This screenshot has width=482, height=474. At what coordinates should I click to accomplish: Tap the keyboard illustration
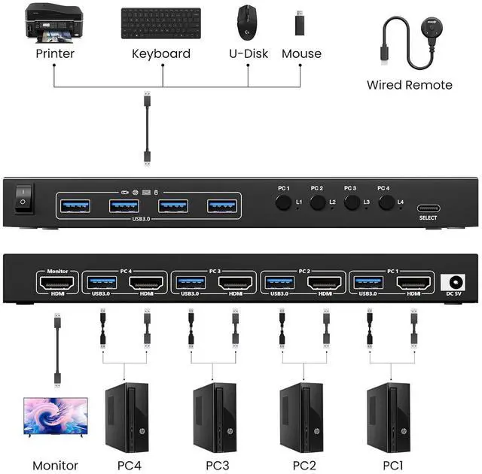(x=160, y=25)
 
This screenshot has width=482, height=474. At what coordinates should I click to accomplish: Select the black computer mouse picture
(x=246, y=22)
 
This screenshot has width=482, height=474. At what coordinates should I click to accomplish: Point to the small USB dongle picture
(x=300, y=22)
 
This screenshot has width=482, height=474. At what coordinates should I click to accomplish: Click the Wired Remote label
(x=409, y=85)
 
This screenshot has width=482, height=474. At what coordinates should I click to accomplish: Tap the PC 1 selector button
(x=283, y=202)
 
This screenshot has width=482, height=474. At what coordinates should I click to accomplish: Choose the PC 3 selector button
(x=351, y=202)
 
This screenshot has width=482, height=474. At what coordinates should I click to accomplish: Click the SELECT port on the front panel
(x=428, y=207)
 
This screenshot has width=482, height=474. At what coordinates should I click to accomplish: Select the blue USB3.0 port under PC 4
(x=102, y=283)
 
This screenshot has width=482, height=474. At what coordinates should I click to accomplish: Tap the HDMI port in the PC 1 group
(x=413, y=283)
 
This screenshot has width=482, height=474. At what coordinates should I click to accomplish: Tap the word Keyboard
(x=160, y=53)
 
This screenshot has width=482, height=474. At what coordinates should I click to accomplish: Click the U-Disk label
(x=248, y=53)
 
